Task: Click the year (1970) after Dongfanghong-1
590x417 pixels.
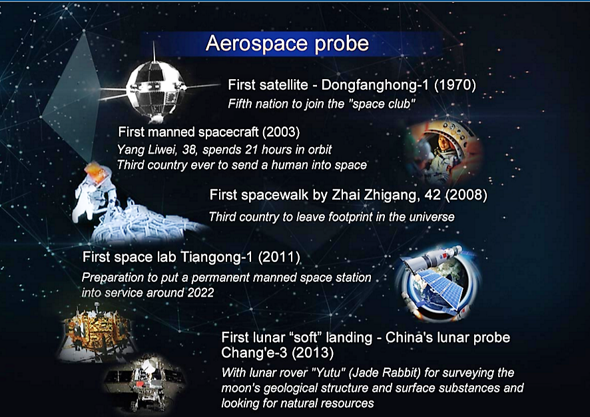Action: [x=455, y=85]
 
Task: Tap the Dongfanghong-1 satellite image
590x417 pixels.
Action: [x=156, y=87]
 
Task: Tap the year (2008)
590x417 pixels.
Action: [x=466, y=196]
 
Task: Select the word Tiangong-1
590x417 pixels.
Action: [x=216, y=257]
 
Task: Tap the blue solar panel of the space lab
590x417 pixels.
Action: [x=442, y=289]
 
